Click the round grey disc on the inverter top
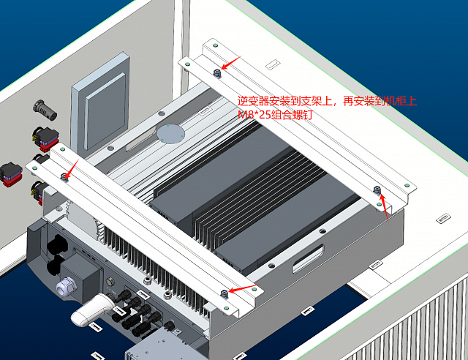[170, 134]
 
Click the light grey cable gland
[67, 287]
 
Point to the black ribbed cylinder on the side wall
[45, 110]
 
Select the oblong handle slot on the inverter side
[309, 258]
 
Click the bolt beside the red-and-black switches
[64, 177]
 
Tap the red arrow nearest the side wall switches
[72, 170]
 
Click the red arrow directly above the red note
[231, 63]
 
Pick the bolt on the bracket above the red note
[217, 73]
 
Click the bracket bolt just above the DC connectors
[224, 294]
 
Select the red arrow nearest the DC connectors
[244, 288]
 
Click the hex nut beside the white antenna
[110, 282]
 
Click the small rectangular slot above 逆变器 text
[272, 64]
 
